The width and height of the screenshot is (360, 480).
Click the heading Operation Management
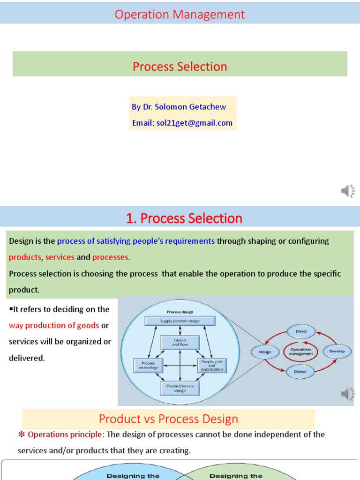tap(180, 15)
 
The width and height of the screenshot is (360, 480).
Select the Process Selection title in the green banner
tap(180, 67)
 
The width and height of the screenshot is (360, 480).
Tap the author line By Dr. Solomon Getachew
tap(179, 107)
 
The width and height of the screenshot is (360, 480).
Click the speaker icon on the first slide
tap(348, 191)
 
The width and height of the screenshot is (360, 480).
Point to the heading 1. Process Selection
tap(184, 218)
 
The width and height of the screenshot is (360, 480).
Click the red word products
tap(25, 257)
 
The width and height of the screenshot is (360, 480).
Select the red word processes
tap(110, 257)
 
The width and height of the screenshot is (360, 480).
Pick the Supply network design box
tap(180, 321)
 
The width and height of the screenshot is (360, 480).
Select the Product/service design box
tap(180, 387)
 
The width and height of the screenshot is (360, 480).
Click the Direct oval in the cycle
tap(301, 331)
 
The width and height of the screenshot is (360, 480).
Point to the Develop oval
tap(337, 351)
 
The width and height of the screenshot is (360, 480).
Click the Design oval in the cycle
tap(265, 351)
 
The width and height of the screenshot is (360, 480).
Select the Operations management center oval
tap(301, 352)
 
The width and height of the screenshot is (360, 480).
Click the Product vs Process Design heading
tap(168, 419)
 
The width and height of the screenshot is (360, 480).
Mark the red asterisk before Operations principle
tap(21, 435)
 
